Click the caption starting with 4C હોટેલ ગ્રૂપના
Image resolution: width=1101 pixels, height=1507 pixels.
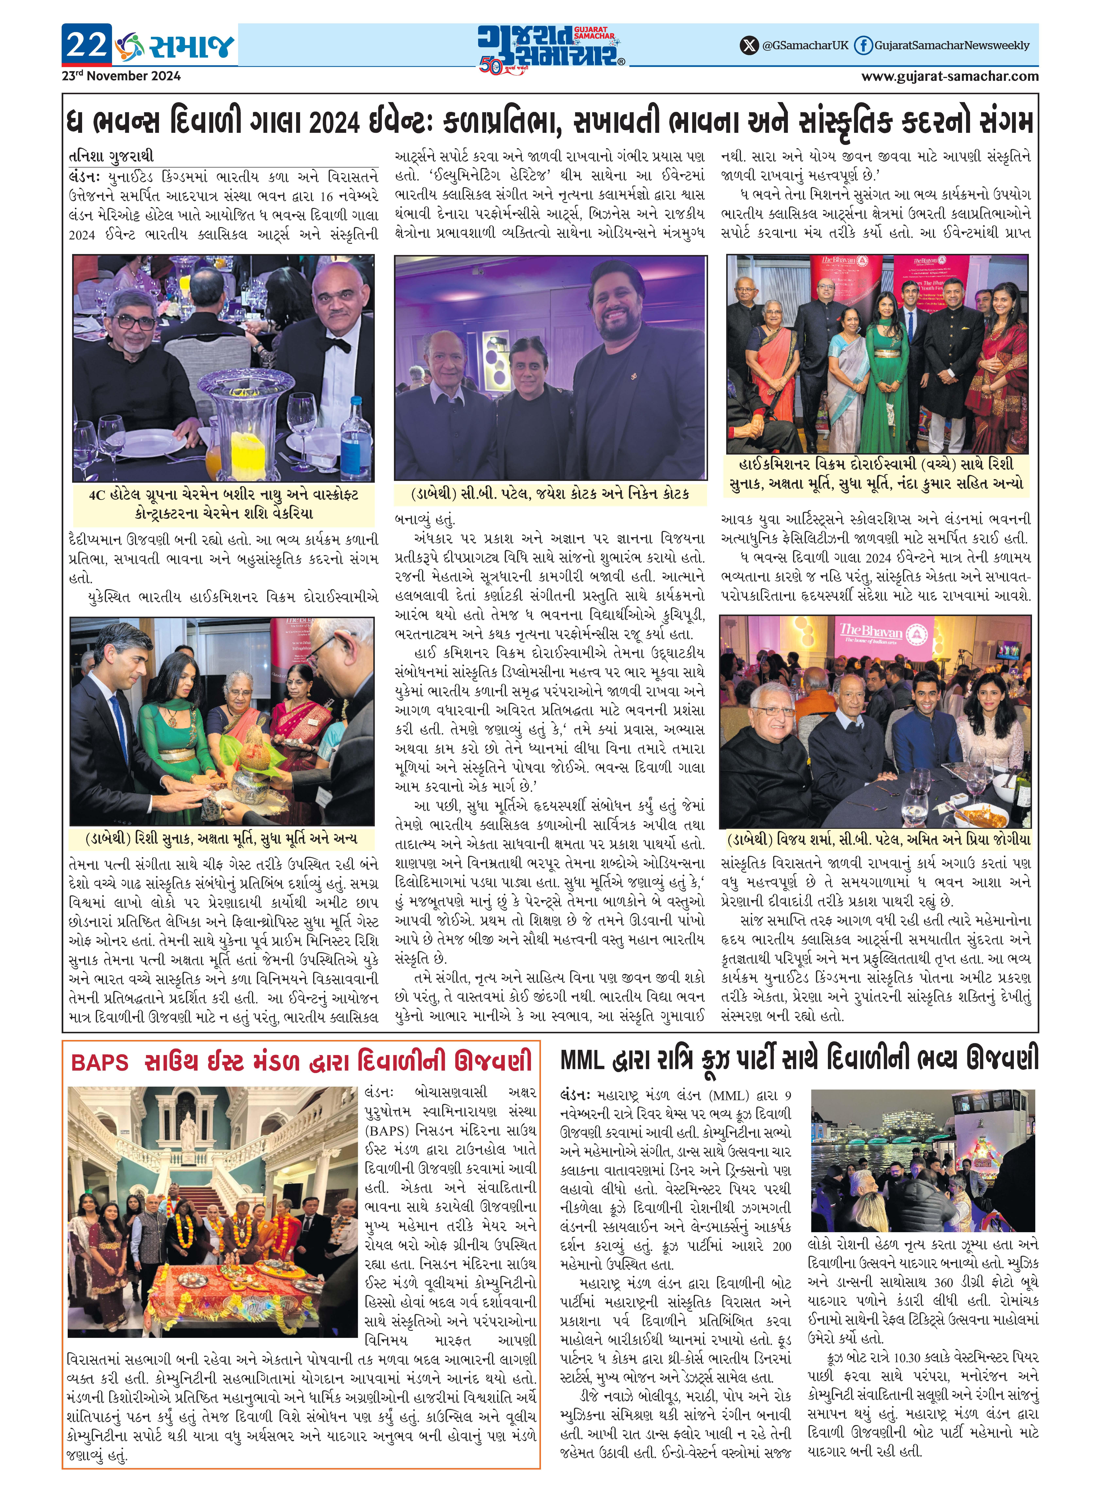tap(223, 504)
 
